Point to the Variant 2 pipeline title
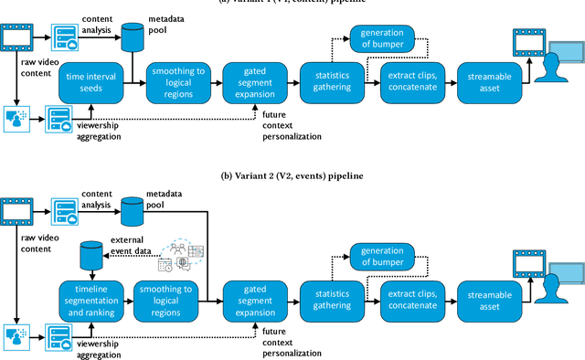[292, 175]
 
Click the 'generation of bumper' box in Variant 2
[381, 258]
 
